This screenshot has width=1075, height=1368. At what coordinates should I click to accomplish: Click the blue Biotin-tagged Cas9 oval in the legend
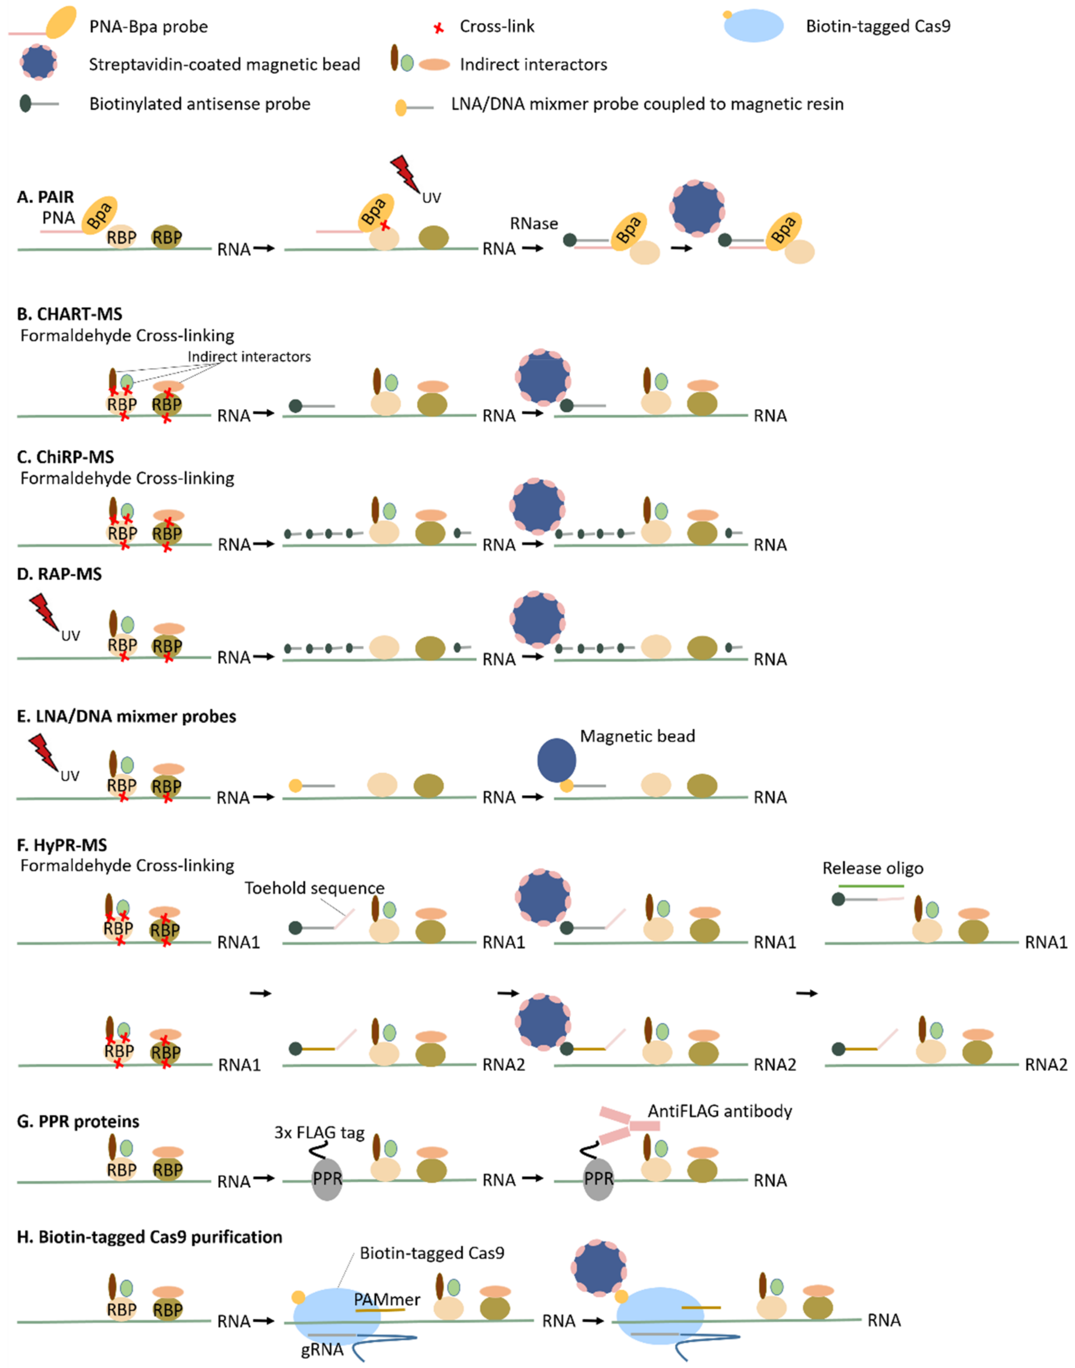(x=754, y=26)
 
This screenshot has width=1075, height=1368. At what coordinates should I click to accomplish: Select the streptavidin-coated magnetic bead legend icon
(x=38, y=62)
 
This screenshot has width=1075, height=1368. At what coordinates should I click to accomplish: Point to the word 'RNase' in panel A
(x=534, y=223)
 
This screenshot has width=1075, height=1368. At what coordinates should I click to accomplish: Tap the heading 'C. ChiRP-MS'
(x=65, y=457)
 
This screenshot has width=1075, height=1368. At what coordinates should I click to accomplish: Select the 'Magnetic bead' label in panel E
(x=637, y=736)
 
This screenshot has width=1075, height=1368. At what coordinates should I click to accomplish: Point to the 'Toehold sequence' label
(x=314, y=888)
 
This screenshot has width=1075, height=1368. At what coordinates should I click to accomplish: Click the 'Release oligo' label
(x=872, y=868)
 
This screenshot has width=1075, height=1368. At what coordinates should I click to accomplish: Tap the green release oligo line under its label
(x=871, y=886)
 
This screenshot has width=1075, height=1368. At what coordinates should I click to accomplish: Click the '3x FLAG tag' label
(x=319, y=1133)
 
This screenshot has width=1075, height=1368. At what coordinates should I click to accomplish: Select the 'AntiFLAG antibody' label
(x=719, y=1111)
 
